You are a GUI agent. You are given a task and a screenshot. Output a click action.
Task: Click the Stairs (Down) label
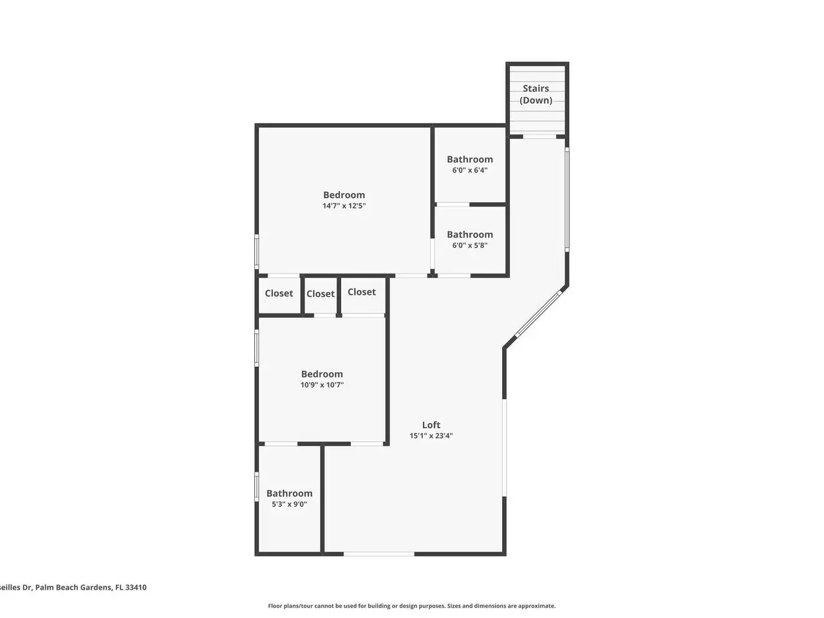tap(536, 94)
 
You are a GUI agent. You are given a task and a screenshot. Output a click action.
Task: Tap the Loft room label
tap(431, 425)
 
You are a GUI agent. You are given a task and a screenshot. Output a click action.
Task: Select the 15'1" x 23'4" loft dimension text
tap(431, 436)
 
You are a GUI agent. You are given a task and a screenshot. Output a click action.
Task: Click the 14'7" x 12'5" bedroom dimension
tap(344, 205)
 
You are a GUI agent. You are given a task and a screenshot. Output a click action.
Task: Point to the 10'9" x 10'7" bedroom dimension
tap(322, 384)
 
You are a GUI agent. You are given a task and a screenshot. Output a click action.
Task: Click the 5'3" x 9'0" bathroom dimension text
tap(289, 504)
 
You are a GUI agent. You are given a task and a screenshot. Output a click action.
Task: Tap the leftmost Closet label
tap(279, 293)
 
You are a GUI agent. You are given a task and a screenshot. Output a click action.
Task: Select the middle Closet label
tap(320, 294)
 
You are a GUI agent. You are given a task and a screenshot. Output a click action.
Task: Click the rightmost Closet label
tap(362, 292)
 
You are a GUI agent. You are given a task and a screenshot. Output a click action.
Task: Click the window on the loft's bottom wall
tap(379, 554)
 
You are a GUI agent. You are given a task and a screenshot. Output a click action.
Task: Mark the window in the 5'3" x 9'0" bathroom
tap(257, 486)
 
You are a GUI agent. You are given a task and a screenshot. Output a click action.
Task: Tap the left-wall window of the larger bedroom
tap(257, 252)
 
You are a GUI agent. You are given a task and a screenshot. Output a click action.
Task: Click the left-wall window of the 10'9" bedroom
tap(257, 348)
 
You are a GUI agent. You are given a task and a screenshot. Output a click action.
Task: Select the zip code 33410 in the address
tap(136, 587)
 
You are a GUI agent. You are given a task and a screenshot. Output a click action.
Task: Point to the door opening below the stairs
tap(539, 136)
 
